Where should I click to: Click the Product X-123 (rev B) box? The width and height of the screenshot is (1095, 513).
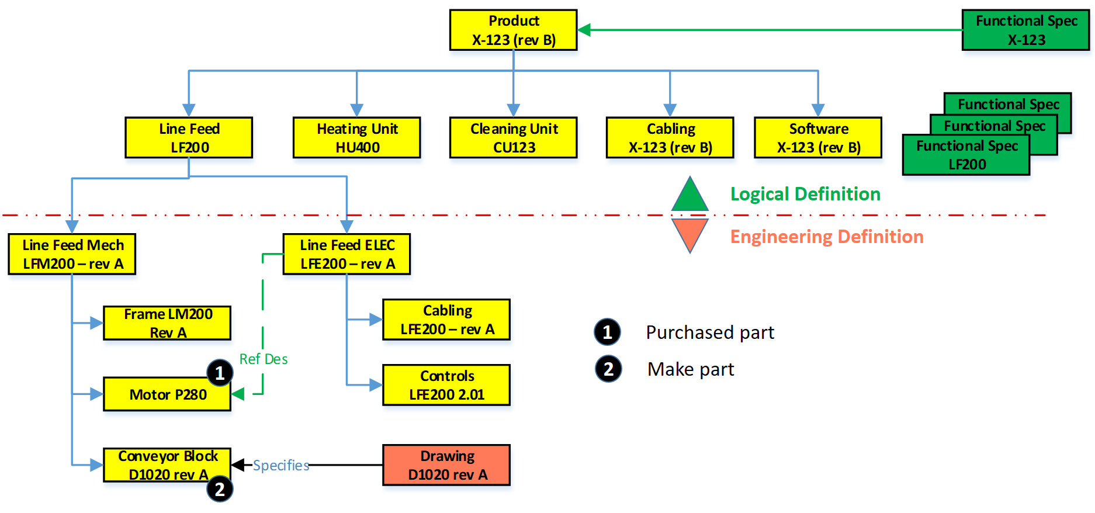tap(513, 30)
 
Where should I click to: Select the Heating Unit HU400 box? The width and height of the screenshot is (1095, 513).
tap(356, 138)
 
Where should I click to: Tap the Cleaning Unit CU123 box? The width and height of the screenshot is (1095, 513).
tap(513, 138)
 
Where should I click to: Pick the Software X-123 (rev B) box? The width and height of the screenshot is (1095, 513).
tap(817, 138)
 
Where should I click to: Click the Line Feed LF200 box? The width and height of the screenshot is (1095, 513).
tap(189, 138)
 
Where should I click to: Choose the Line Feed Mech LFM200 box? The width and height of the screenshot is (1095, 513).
tap(72, 254)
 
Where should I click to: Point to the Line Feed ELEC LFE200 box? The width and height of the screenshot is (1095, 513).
tap(346, 254)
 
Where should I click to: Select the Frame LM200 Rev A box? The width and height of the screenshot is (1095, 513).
tap(167, 323)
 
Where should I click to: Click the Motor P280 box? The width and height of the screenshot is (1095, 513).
tap(167, 394)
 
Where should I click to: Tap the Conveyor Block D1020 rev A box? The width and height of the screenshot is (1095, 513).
tap(167, 465)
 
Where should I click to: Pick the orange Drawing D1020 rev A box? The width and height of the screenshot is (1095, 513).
tap(446, 465)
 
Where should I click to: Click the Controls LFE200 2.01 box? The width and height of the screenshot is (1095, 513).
tap(446, 385)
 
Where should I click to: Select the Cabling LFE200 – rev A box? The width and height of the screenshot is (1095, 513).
tap(446, 320)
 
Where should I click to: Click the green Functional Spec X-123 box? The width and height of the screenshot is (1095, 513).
tap(1025, 30)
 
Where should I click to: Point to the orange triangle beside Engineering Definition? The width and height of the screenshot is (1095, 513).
tap(689, 233)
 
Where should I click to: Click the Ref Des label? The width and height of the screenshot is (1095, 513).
tap(264, 359)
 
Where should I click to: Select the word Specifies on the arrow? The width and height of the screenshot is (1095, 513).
tap(281, 466)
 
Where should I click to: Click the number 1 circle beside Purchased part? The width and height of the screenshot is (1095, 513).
tap(607, 332)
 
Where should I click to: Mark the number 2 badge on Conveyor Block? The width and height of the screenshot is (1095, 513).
tap(220, 489)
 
